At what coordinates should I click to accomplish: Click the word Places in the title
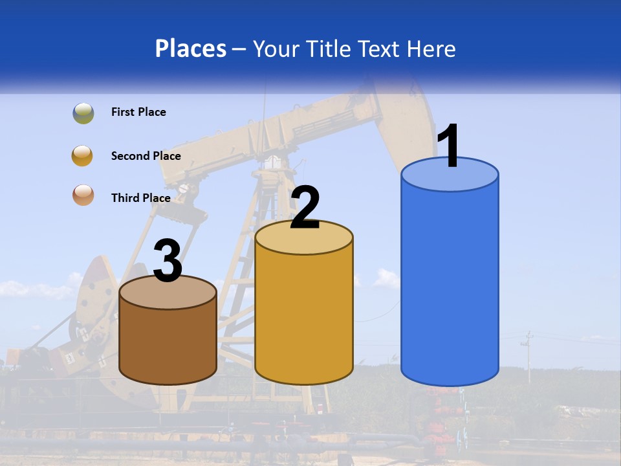pos(190,49)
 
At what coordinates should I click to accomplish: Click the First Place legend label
pos(138,112)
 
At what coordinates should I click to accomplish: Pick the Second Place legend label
pos(146,156)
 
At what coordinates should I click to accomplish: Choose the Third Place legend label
pos(140,198)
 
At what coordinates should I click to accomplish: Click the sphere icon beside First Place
pos(83,113)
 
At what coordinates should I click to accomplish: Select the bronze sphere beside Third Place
pos(83,195)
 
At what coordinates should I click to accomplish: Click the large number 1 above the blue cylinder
pos(449,146)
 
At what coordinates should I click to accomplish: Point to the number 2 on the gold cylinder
pos(305,208)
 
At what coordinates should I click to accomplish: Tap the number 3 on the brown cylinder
pos(168,261)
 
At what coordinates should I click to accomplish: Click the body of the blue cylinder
pos(450,285)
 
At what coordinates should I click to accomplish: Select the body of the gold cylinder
pos(304,317)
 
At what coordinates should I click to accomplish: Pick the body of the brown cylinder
pos(168,343)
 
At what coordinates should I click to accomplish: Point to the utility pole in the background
pos(528,356)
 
